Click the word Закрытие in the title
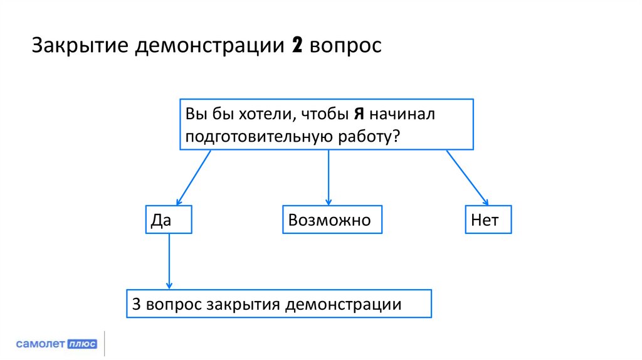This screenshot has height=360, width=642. tap(79, 48)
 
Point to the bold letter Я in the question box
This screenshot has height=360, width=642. tap(359, 115)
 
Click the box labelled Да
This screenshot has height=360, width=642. tap(169, 220)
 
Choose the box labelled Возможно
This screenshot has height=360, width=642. tap(332, 220)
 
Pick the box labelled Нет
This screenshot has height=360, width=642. tap(488, 220)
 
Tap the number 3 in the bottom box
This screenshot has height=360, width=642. tap(137, 305)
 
